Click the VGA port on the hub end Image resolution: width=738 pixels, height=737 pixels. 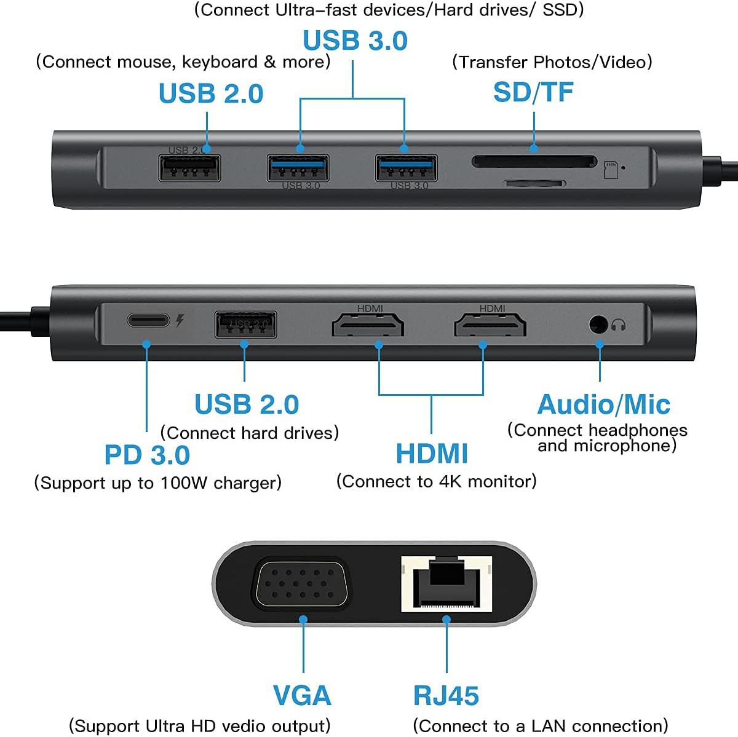tap(301, 585)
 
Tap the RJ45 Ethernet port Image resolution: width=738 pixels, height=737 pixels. tap(446, 584)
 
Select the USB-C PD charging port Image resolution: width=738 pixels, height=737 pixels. tap(148, 321)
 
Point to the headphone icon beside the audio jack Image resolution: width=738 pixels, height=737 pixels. tap(619, 325)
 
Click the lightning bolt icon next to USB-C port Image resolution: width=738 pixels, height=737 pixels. tap(180, 320)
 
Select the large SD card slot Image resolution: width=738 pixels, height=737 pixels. tap(534, 162)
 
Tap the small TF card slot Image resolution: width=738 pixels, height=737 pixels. tap(534, 183)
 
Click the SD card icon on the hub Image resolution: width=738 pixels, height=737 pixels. tap(611, 170)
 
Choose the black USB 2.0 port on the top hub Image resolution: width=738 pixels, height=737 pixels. tap(189, 168)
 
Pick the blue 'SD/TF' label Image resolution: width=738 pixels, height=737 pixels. tap(533, 92)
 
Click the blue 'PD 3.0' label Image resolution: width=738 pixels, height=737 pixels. tap(147, 455)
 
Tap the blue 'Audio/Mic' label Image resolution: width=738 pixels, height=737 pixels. tap(603, 404)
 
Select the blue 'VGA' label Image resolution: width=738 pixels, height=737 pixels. tap(302, 695)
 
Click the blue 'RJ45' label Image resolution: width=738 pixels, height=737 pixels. tap(446, 695)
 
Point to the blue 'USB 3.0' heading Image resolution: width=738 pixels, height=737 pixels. tap(355, 41)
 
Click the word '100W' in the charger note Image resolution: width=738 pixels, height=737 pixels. tap(184, 483)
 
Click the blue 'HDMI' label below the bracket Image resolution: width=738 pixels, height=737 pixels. tap(432, 454)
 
